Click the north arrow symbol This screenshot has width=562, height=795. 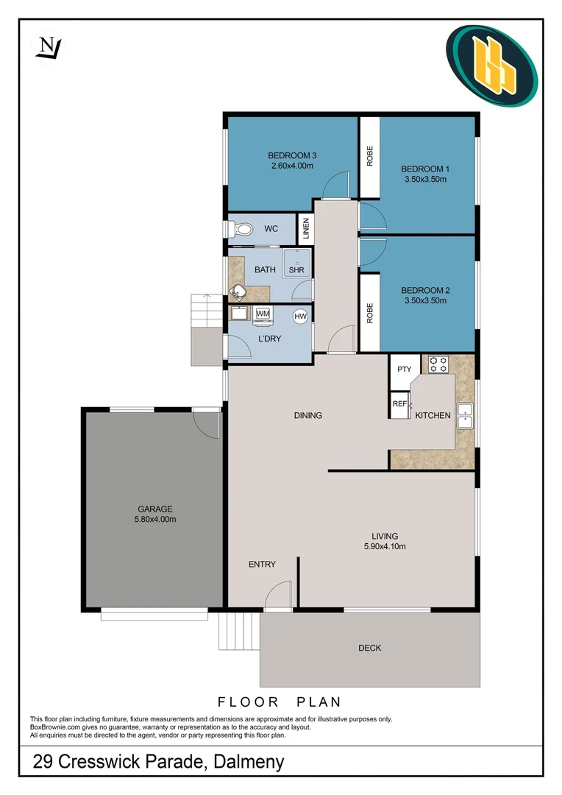pyautogui.click(x=50, y=48)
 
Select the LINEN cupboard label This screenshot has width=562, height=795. pyautogui.click(x=305, y=229)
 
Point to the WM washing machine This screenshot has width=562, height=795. pyautogui.click(x=263, y=314)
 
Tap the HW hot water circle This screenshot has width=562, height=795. pyautogui.click(x=300, y=317)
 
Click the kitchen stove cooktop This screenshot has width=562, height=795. pyautogui.click(x=439, y=364)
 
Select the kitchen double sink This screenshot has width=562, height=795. pyautogui.click(x=465, y=417)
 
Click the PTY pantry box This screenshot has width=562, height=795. pyautogui.click(x=405, y=369)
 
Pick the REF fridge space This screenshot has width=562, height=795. pyautogui.click(x=399, y=404)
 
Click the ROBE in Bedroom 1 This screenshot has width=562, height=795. pyautogui.click(x=369, y=156)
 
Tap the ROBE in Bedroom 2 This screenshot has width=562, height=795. pyautogui.click(x=369, y=313)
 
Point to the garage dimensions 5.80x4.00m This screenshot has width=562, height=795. pyautogui.click(x=155, y=519)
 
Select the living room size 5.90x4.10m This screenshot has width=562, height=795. pyautogui.click(x=385, y=546)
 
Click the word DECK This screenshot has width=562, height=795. pyautogui.click(x=370, y=648)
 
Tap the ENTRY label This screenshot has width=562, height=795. pyautogui.click(x=262, y=565)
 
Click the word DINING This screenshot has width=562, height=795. pyautogui.click(x=308, y=416)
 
